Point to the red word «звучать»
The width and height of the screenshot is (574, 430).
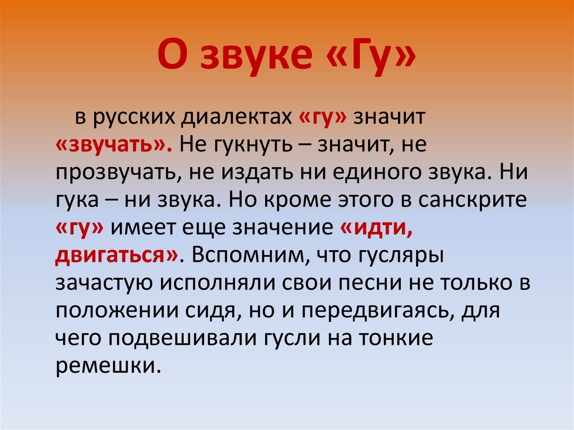click(109, 145)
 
